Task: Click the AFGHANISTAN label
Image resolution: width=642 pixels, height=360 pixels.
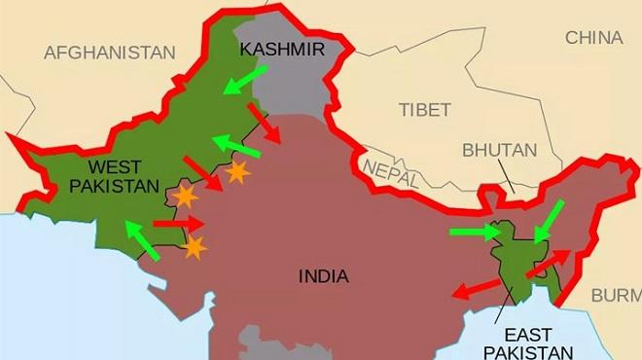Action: click(110, 53)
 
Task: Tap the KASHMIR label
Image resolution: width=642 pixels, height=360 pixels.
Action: click(281, 49)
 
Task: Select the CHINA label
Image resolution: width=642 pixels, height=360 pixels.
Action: click(593, 38)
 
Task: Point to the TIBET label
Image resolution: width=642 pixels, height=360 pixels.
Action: click(425, 109)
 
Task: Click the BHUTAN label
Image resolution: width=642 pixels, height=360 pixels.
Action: click(499, 151)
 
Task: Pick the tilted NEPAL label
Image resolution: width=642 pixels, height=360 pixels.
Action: click(391, 173)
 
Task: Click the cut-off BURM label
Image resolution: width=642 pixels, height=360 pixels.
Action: click(616, 295)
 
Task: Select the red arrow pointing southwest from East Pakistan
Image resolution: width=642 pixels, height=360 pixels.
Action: click(478, 288)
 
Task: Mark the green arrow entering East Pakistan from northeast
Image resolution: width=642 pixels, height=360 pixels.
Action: click(548, 221)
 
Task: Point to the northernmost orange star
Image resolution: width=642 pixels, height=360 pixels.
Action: click(236, 173)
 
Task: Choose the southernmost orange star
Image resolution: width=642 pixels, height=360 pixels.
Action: click(195, 247)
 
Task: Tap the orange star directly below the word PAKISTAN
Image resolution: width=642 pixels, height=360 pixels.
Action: click(184, 198)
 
